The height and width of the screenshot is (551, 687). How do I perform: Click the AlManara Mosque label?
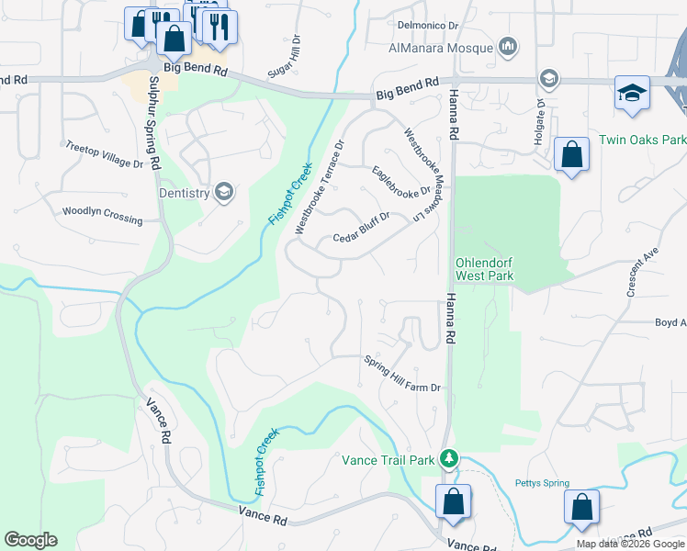click(442, 47)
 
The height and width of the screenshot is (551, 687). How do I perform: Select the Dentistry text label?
click(185, 192)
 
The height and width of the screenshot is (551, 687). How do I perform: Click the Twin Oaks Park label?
click(642, 141)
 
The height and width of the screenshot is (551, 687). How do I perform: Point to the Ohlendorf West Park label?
click(484, 268)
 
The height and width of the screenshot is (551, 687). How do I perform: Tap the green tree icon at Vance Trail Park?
click(448, 457)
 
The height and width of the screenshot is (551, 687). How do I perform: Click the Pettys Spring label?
click(542, 483)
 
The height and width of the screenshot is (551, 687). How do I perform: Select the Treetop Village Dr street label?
click(105, 155)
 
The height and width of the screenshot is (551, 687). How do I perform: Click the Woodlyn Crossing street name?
click(102, 215)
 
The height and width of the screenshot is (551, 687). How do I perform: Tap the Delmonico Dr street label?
click(428, 26)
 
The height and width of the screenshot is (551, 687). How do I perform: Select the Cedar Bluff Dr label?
click(362, 228)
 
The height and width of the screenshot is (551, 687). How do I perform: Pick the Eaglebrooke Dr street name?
click(401, 180)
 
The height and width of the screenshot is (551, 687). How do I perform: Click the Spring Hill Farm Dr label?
click(402, 374)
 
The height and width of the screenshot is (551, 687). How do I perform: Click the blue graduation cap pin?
click(632, 94)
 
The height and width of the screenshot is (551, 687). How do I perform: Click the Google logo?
click(30, 540)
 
